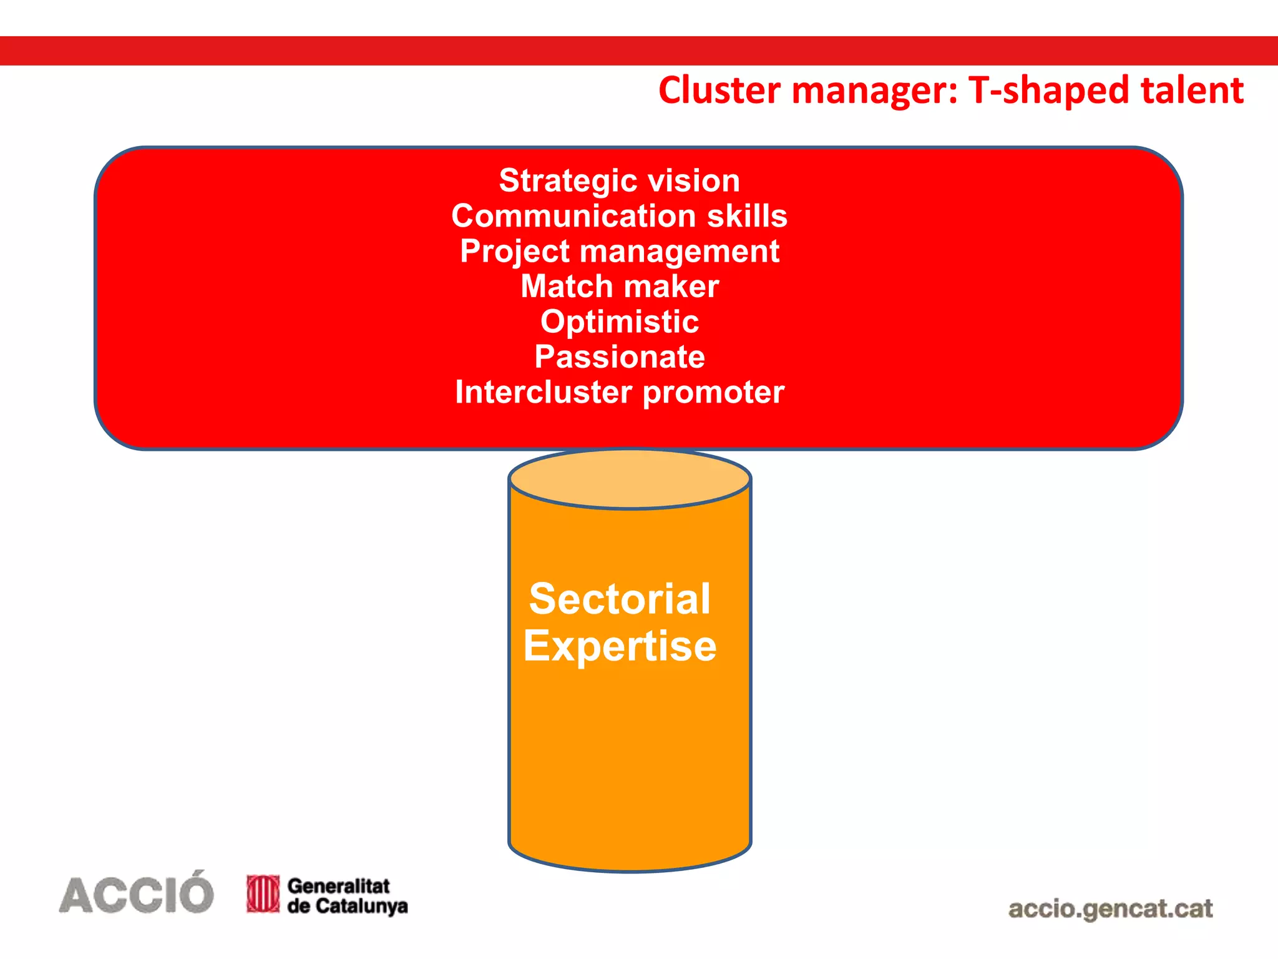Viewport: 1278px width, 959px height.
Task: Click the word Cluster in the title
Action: click(719, 91)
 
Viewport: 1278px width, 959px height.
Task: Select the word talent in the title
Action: click(1192, 91)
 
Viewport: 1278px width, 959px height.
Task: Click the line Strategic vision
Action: click(619, 181)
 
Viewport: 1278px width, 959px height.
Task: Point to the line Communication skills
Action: click(619, 216)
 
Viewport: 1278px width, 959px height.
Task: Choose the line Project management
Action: click(619, 252)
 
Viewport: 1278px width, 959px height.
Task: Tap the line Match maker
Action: click(619, 287)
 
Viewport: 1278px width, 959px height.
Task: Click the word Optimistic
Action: click(619, 322)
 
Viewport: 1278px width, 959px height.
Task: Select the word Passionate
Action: click(619, 357)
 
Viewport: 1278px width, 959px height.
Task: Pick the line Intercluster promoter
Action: click(619, 393)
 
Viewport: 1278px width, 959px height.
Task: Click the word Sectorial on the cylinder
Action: click(619, 599)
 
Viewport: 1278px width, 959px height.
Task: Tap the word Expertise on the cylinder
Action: click(619, 646)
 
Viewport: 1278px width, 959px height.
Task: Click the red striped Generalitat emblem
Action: click(263, 893)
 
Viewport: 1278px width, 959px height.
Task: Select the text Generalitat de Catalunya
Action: click(346, 895)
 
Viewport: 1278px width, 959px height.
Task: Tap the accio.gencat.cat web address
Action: click(1110, 908)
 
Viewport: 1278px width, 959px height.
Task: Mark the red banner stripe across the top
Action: click(639, 51)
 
